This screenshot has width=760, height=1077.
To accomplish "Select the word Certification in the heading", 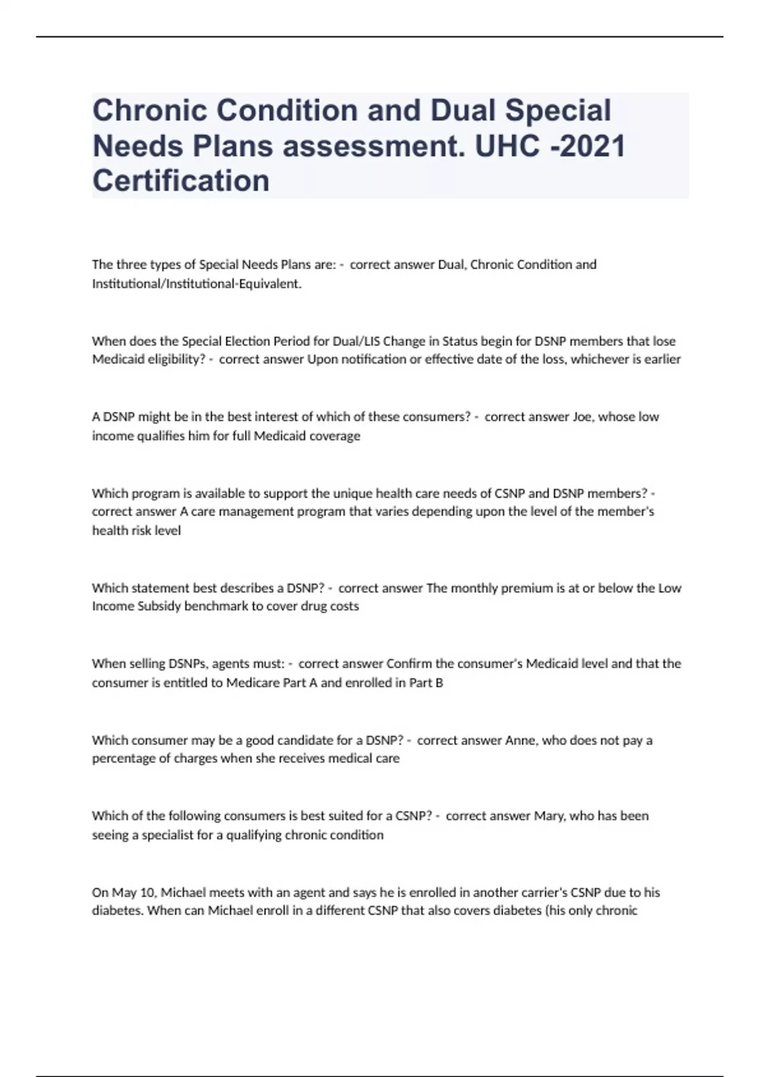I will coord(181,181).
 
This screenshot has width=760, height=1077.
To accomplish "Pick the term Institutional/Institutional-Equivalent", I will coord(196,284).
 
